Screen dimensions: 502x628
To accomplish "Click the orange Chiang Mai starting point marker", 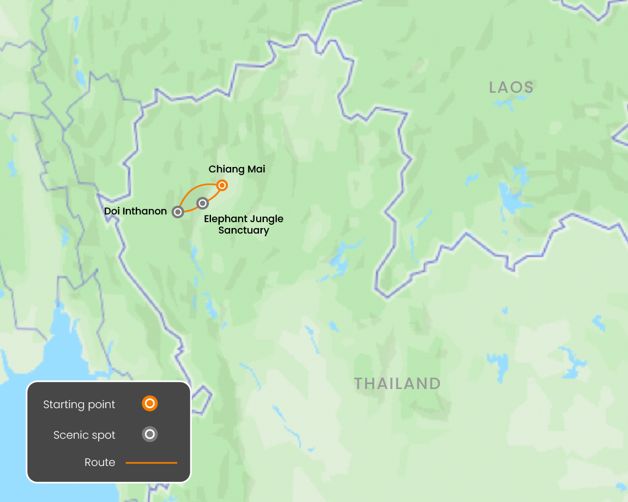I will [222, 185].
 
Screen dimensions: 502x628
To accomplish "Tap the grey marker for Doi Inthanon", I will [178, 212].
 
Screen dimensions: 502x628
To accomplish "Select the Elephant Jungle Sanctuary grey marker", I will [203, 203].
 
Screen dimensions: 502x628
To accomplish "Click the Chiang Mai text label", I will [237, 169].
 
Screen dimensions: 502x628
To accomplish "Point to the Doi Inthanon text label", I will [135, 211].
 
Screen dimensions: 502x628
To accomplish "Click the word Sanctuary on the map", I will [244, 230].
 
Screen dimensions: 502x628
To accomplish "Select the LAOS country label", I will [511, 87].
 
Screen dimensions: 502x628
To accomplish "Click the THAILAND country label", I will [397, 384].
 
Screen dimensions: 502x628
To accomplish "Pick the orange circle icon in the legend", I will [149, 404].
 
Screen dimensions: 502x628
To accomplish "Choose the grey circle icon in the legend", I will [149, 434].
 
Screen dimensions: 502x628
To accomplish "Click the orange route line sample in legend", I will [152, 463].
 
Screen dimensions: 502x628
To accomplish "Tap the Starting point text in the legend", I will [79, 404].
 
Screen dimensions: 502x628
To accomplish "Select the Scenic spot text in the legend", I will [84, 435].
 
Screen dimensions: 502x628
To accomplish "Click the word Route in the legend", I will [100, 463].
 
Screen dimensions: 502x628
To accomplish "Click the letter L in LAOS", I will [493, 87].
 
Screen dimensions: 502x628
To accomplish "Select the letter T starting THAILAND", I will [359, 384].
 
